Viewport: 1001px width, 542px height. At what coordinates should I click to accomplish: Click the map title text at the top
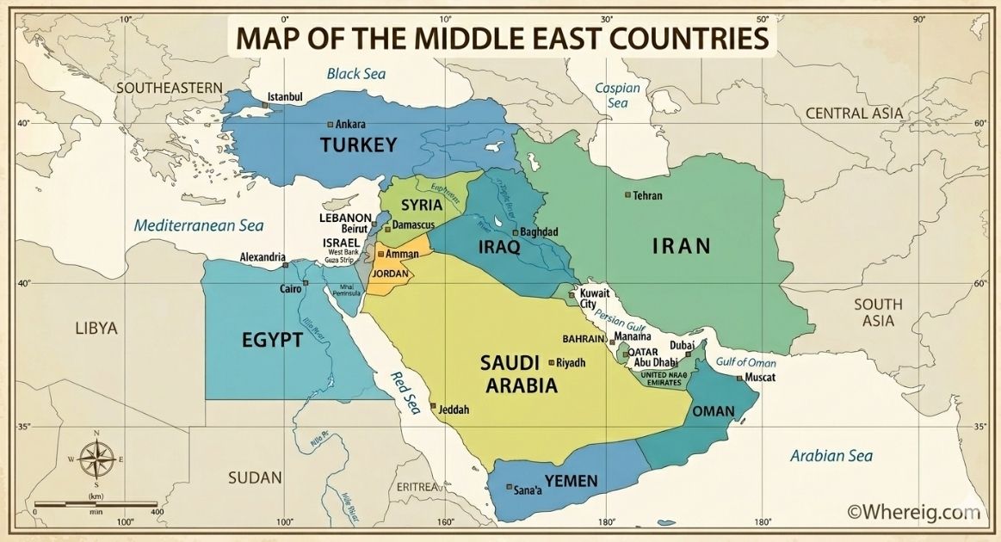[x=501, y=39]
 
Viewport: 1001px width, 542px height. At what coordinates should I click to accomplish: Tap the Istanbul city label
[x=286, y=96]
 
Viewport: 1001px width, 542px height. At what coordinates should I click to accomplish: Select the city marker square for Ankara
[x=330, y=123]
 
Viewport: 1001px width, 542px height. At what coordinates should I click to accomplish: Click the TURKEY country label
[x=358, y=145]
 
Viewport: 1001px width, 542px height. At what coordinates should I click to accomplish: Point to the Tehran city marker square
[x=628, y=195]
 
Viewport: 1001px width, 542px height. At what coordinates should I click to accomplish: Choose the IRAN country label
[x=681, y=247]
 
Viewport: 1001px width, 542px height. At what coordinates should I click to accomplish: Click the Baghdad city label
[x=539, y=232]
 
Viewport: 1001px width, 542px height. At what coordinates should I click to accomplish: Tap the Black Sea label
[x=355, y=74]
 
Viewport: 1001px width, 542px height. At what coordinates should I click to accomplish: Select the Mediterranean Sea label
[x=198, y=226]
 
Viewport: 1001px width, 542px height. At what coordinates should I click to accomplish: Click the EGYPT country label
[x=272, y=340]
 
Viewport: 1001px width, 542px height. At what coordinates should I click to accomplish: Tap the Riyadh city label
[x=572, y=362]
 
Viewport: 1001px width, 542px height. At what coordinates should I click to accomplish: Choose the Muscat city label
[x=760, y=378]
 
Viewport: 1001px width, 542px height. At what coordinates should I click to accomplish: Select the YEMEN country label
[x=571, y=481]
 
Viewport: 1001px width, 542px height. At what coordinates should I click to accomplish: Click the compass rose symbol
[x=96, y=459]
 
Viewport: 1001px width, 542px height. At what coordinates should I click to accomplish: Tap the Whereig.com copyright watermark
[x=914, y=512]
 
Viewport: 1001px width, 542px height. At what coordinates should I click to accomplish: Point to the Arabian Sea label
[x=831, y=456]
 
